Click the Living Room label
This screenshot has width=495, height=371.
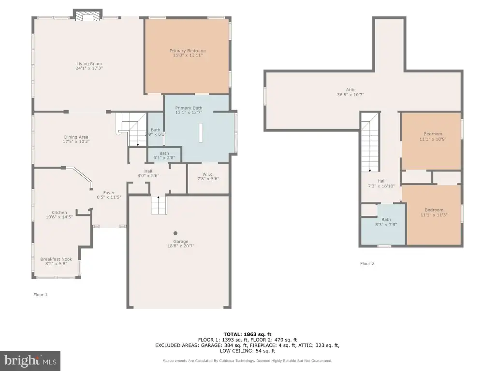coord(89,64)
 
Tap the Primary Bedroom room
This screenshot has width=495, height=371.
coord(187,56)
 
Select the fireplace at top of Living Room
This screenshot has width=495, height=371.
coord(88,15)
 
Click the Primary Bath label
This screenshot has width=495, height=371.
coord(189,108)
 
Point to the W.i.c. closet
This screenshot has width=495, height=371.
coord(208,179)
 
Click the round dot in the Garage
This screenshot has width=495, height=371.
coord(175,233)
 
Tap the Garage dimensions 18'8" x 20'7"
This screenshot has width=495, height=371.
coord(181,246)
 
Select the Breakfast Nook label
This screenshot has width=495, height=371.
coord(56,259)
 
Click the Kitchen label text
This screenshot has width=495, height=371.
coord(59,213)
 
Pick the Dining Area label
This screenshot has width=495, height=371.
coord(76,137)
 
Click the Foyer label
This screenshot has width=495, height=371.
coord(109,193)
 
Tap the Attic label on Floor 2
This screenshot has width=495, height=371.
coord(351,90)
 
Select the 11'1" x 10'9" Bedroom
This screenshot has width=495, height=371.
coord(431,141)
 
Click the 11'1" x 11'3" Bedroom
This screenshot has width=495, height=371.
coord(434,215)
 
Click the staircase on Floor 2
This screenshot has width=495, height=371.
coord(370,143)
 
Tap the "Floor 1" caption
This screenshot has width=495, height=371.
coord(41,295)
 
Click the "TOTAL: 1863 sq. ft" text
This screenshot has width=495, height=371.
coord(247,334)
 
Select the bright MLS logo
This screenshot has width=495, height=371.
coord(30,361)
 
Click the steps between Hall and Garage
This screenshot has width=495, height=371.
coord(159,205)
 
